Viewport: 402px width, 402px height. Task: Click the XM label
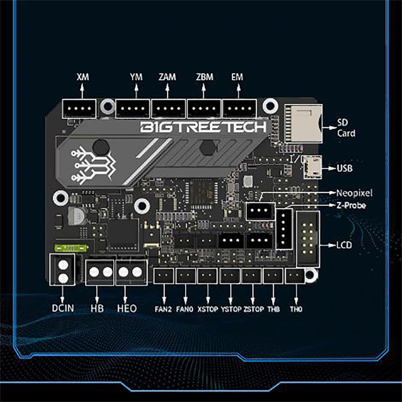[83, 77]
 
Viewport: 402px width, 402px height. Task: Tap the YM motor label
[136, 77]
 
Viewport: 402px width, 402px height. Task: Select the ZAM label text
[168, 77]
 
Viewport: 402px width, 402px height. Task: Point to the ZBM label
[204, 77]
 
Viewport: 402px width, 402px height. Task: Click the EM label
[238, 77]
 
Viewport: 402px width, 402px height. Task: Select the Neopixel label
[354, 193]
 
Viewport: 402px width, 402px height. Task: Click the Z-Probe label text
[351, 205]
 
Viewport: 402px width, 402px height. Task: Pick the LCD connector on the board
[308, 238]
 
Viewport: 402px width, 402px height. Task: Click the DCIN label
[63, 308]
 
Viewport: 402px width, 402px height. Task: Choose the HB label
[97, 308]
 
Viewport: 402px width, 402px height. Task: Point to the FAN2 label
[163, 309]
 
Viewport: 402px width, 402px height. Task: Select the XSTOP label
[208, 309]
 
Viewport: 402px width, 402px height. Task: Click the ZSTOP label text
[253, 309]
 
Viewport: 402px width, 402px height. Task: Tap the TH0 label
[296, 309]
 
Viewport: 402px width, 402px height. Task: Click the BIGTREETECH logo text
[203, 127]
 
